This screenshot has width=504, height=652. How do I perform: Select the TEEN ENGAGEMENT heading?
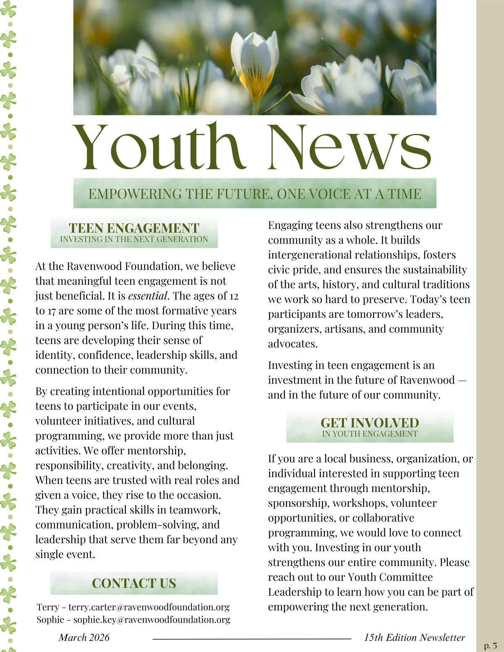pos(134,228)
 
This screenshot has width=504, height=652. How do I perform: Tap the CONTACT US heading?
pos(134,583)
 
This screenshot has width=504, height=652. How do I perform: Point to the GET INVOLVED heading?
pos(370,422)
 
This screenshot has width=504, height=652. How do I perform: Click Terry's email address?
pos(149,607)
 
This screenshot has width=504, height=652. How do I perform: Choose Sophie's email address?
pos(152,620)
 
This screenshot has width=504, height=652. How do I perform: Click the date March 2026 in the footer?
pos(84,637)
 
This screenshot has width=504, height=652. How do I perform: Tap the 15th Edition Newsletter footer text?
pos(415,637)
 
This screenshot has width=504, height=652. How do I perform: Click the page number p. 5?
pos(490,646)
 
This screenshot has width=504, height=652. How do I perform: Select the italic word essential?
pos(148,296)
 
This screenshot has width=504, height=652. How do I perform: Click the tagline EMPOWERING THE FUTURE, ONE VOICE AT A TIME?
pos(255,194)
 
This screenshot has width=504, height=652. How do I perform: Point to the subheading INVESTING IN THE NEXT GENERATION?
pos(134,239)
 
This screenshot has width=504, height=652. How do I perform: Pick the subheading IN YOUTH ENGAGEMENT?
pos(370,434)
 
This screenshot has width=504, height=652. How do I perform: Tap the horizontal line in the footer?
pos(252,639)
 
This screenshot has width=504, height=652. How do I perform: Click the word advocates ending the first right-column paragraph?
pos(293,344)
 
